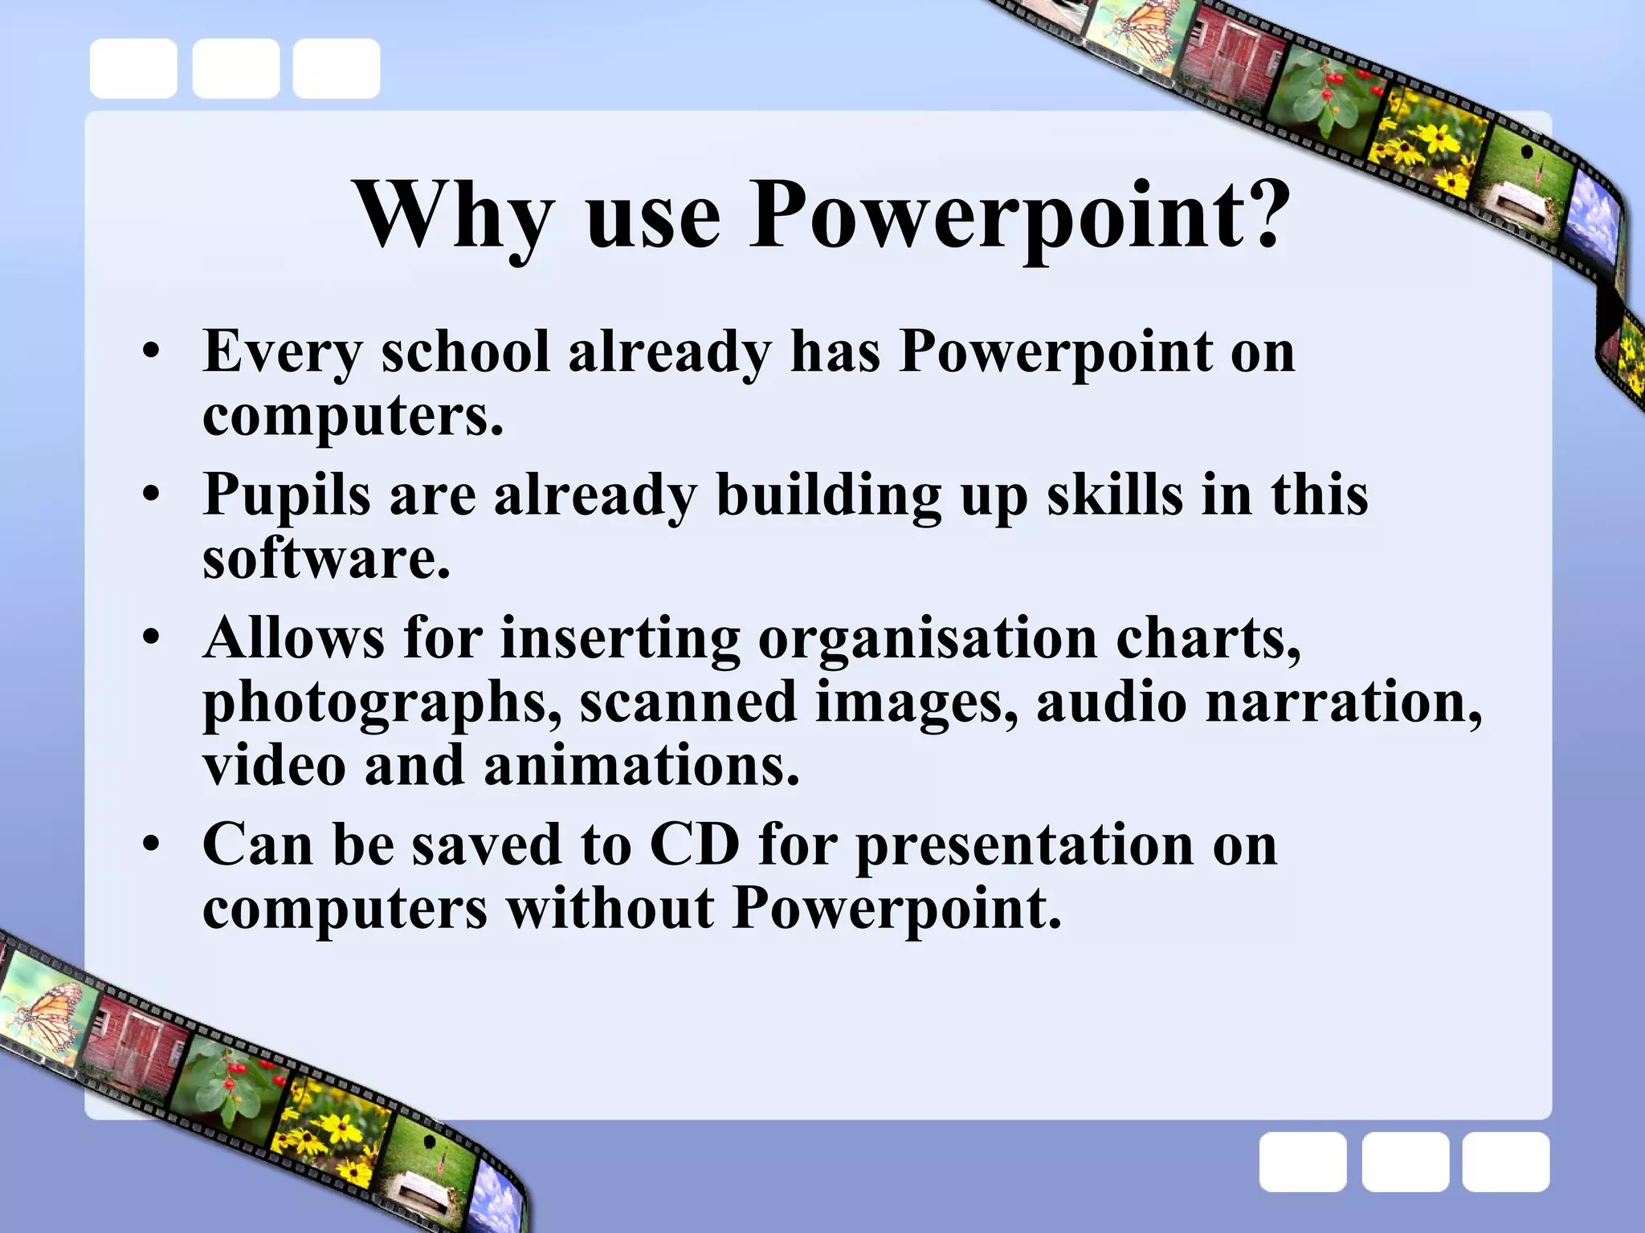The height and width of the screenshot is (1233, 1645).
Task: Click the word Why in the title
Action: coord(455,215)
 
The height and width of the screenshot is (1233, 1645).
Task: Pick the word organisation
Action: coord(926,639)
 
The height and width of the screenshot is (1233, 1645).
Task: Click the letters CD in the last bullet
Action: coord(694,844)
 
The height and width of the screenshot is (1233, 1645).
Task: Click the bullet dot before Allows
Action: coord(151,639)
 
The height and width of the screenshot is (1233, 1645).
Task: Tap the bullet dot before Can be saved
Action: coord(151,845)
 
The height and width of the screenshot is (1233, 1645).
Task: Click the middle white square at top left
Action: coord(235,68)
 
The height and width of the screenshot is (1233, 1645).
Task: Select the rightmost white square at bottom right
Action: coord(1505,1162)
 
